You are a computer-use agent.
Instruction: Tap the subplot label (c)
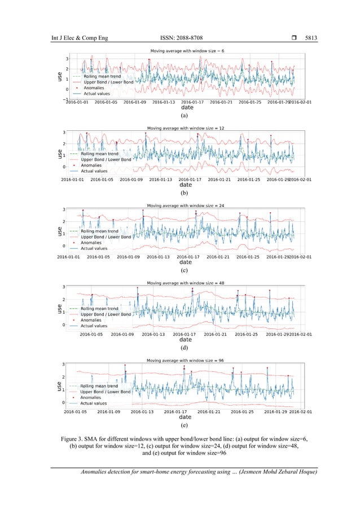(184, 271)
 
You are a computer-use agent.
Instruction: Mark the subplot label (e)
(183, 425)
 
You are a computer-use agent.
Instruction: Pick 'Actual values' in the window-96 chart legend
(93, 403)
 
